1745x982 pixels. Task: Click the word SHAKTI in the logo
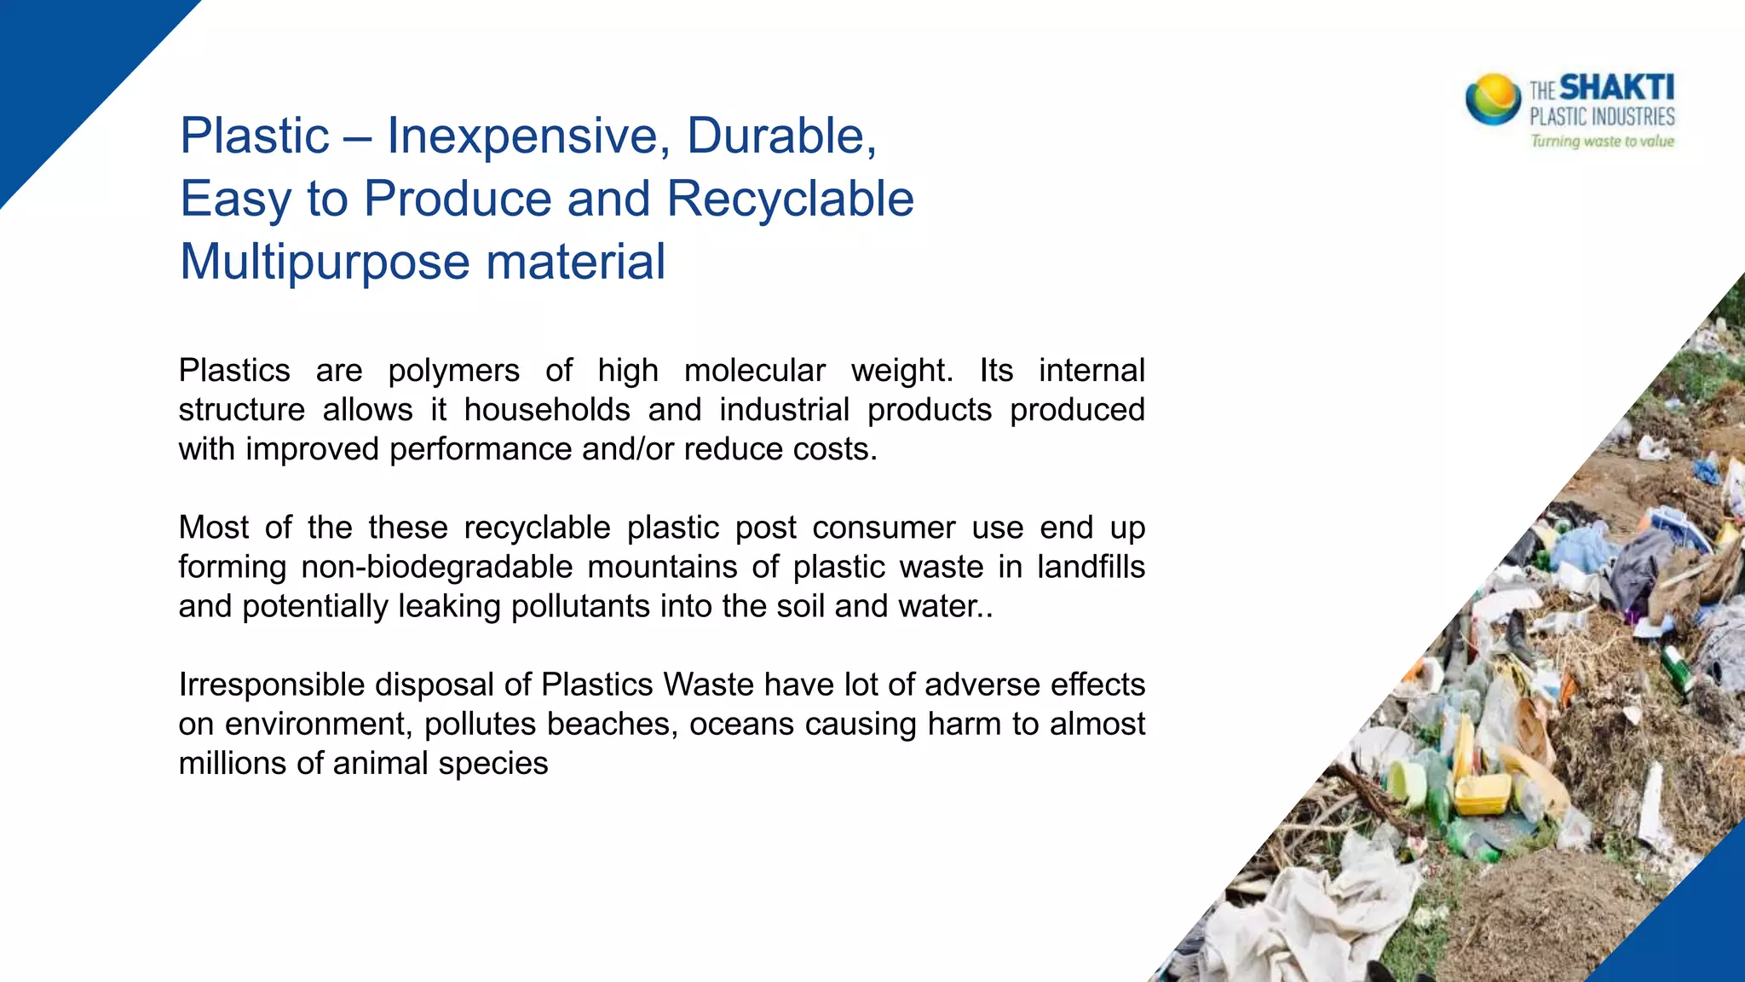1616,88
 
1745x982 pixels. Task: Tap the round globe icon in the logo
1493,100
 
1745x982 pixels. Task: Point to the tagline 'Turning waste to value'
1602,142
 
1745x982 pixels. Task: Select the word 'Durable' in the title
779,136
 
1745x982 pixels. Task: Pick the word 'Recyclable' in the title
790,199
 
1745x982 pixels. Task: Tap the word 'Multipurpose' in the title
324,262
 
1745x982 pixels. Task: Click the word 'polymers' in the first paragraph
453,371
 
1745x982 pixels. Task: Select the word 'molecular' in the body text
754,371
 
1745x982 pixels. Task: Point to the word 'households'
547,410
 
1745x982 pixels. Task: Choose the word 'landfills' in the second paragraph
1091,567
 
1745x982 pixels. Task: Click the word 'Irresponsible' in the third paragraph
271,685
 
